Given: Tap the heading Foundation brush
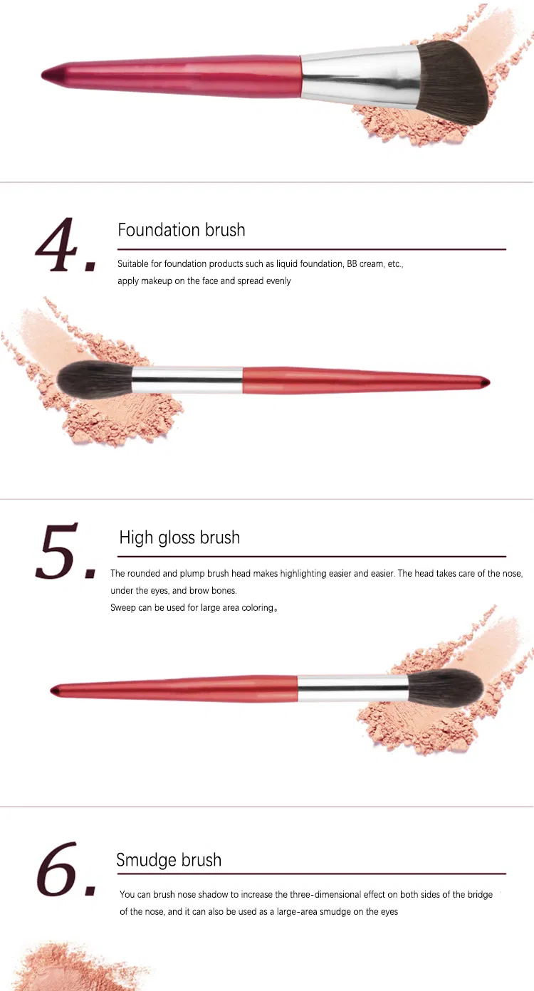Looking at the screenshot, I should pyautogui.click(x=182, y=230).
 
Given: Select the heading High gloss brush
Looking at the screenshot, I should pyautogui.click(x=179, y=538).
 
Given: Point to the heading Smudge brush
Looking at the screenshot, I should pyautogui.click(x=169, y=860).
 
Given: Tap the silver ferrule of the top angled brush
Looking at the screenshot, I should pyautogui.click(x=356, y=77).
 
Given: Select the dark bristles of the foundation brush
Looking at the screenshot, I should pyautogui.click(x=93, y=379).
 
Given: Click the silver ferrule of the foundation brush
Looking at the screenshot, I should pyautogui.click(x=187, y=379).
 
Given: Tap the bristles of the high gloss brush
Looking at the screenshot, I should pyautogui.click(x=446, y=688).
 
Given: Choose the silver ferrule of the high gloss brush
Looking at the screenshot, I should pyautogui.click(x=352, y=688).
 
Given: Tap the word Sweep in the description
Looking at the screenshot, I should pyautogui.click(x=122, y=607).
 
